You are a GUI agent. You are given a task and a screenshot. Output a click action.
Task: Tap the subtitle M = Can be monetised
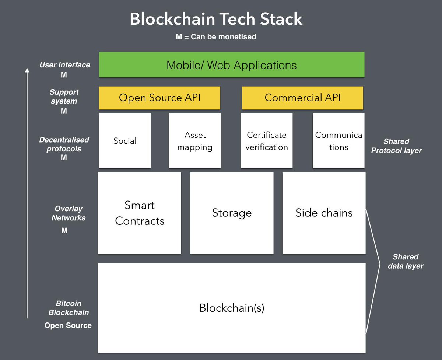216,37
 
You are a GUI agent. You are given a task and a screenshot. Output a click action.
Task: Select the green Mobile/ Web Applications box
232,65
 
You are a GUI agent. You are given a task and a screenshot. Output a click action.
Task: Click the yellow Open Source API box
159,98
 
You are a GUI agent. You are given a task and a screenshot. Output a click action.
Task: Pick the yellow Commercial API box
302,98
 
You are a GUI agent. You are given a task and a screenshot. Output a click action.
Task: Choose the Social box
125,141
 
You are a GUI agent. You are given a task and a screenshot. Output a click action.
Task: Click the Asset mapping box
195,141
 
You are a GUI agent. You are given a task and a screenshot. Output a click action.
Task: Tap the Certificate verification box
267,141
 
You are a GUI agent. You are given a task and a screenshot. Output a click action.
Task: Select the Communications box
338,141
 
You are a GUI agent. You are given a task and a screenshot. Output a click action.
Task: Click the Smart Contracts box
140,213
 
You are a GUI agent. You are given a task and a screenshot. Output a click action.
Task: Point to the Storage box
232,213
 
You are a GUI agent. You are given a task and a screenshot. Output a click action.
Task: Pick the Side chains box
324,213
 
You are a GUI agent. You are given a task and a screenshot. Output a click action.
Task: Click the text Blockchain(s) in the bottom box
232,308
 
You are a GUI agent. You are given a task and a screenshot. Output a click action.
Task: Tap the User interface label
65,65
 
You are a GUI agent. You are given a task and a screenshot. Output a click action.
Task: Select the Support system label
64,97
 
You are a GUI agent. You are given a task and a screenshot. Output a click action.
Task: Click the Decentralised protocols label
64,144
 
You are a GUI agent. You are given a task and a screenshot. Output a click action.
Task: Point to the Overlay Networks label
69,213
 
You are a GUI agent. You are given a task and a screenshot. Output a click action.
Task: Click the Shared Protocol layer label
396,146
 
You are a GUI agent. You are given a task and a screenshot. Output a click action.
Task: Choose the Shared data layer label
406,261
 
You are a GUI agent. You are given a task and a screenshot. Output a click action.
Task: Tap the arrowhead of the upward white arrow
27,70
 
